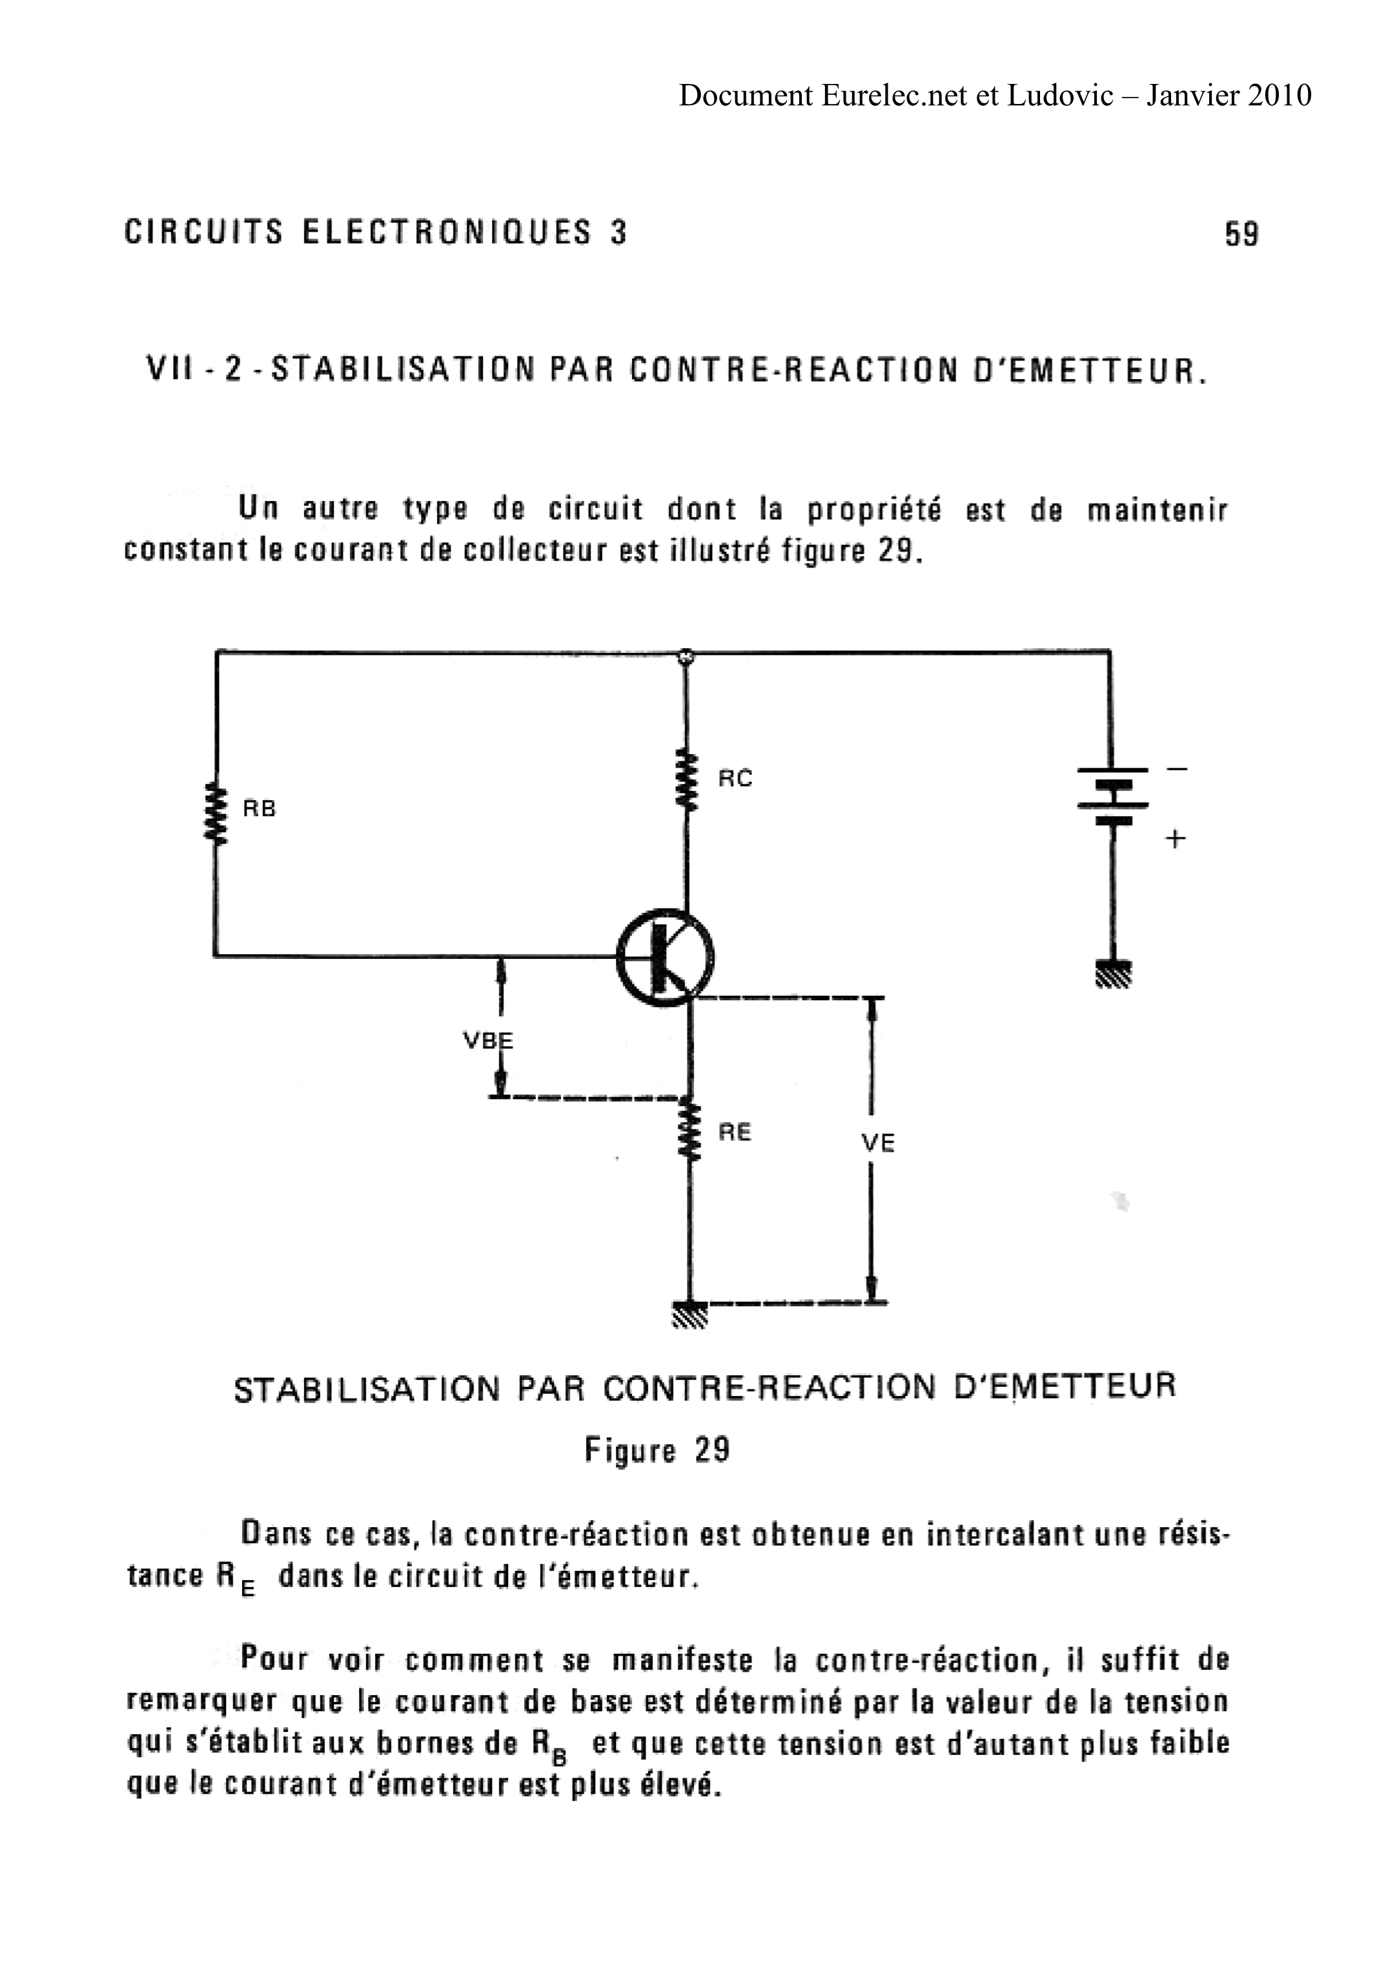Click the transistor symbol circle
coord(666,958)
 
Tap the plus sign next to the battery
coord(1176,839)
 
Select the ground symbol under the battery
coord(1113,974)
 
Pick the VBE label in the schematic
coord(487,1041)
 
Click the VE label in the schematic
coord(878,1143)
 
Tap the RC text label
coord(735,779)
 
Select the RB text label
coord(260,808)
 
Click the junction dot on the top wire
coord(684,657)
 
